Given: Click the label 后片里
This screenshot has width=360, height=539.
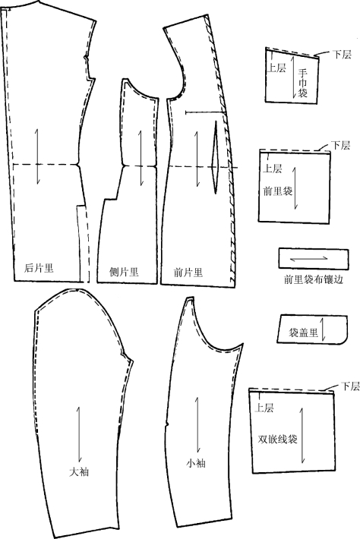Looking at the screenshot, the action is [x=39, y=268].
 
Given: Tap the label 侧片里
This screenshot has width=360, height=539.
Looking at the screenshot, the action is [x=124, y=272].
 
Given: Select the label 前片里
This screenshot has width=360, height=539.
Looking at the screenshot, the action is [x=188, y=273].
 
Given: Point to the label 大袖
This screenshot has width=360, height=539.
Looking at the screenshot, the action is [x=79, y=471].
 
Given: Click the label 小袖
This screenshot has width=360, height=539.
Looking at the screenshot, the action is [x=196, y=463].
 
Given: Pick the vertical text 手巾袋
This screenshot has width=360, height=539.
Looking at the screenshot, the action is [x=302, y=83].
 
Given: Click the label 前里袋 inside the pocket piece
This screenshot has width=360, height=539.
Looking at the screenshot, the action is [x=277, y=191].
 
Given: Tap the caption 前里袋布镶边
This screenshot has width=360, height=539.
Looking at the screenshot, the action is [x=313, y=279].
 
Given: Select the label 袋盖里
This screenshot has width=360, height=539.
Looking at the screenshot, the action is [x=303, y=333].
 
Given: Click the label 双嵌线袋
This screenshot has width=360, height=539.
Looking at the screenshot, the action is [x=277, y=439].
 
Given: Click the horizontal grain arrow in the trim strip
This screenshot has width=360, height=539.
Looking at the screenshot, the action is [x=309, y=259].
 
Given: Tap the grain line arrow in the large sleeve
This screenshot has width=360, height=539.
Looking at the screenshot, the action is [x=79, y=434].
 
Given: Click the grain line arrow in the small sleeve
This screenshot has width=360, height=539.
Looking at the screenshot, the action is [x=197, y=425].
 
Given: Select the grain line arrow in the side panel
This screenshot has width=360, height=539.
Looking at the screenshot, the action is [x=141, y=159].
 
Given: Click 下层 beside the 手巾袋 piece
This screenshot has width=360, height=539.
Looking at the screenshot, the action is [x=342, y=55].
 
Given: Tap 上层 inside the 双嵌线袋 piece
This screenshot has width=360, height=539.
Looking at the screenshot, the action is [x=264, y=408].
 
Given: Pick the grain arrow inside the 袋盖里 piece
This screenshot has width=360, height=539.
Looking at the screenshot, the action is [x=323, y=329].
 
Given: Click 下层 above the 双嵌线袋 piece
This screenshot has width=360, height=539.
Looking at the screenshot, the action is [x=350, y=386].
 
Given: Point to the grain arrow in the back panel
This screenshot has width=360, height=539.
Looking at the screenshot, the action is [x=37, y=156].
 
